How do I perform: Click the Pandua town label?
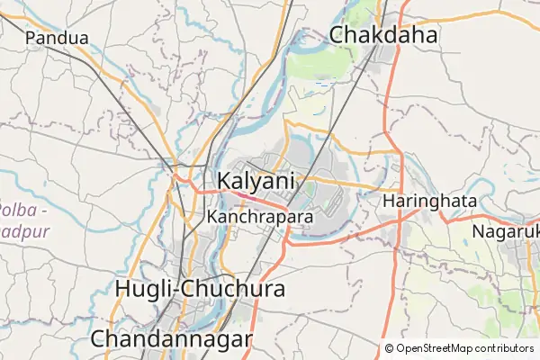coord(58,38)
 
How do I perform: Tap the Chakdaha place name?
coord(383,35)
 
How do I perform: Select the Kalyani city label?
coord(256,180)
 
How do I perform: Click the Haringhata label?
coord(429,202)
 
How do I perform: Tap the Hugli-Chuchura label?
coord(201,289)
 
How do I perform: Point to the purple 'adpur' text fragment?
coord(23,230)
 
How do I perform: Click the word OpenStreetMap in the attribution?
coord(434,348)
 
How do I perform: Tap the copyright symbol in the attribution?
coord(389,348)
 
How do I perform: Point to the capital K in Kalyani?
coord(226,180)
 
